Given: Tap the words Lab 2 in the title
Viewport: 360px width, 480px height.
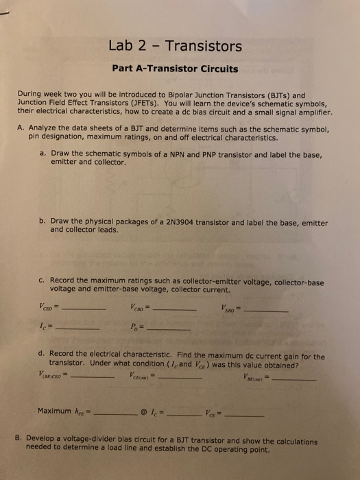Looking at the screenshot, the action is coord(128,47).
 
